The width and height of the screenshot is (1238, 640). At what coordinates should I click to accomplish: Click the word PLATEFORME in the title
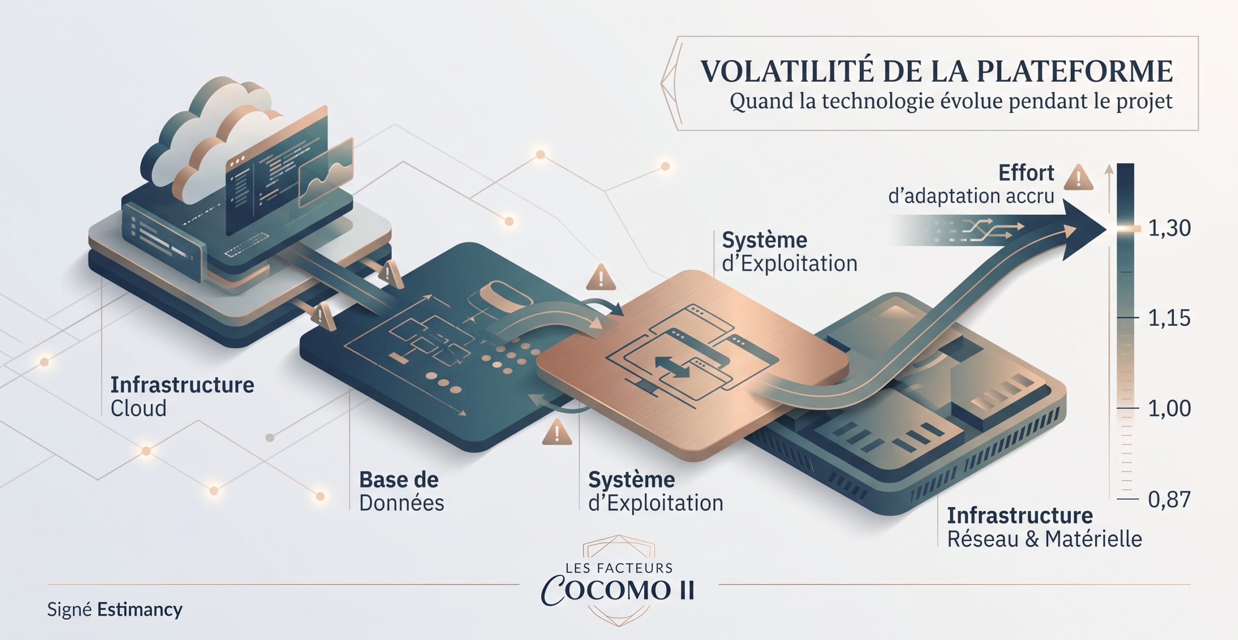pos(1075,71)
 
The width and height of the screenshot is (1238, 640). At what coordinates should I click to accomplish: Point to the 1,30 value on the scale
pos(1169,228)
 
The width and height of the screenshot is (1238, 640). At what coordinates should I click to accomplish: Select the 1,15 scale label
pos(1169,318)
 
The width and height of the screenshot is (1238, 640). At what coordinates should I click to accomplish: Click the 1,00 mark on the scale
pos(1169,408)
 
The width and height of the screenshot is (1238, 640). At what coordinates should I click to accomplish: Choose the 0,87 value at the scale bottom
pos(1169,499)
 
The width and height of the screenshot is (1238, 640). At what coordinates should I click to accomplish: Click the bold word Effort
pos(1026,173)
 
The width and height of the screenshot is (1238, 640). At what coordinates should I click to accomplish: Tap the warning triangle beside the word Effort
pos(1079,177)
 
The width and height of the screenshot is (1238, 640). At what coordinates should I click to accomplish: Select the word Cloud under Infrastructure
pos(138,408)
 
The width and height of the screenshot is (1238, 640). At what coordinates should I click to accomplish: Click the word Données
pos(401,503)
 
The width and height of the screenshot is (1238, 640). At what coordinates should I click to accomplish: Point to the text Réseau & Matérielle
pos(1045,539)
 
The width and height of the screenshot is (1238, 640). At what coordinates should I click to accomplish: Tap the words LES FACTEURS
pos(619,567)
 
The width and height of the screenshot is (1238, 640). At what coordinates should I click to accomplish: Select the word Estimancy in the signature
pos(140,610)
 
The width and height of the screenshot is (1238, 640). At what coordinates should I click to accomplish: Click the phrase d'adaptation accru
pos(971,196)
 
